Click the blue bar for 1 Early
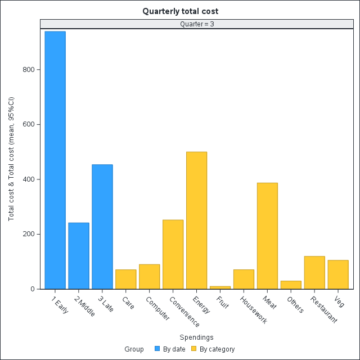pos(55,160)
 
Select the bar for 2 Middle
pos(79,256)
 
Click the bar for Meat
pos(267,236)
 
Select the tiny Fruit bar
pos(220,287)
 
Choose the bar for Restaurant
pos(314,273)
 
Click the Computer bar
pos(149,277)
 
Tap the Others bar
pos(291,285)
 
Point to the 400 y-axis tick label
pos(28,179)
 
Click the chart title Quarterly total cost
pos(180,11)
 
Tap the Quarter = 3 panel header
pos(196,24)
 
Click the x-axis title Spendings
pos(196,337)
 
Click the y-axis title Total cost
pos(11,159)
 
